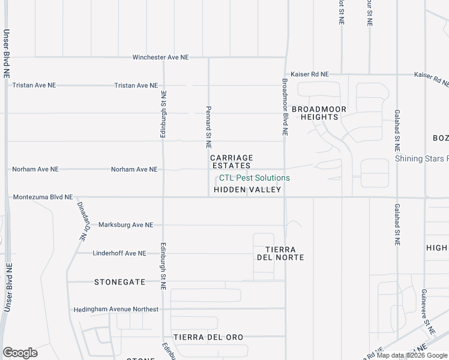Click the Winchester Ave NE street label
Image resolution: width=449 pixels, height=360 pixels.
point(160,58)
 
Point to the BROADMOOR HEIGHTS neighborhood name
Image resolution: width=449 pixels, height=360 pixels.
point(319,113)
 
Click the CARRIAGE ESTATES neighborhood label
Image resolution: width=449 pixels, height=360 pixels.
point(232,161)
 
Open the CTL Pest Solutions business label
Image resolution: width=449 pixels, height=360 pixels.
point(254,178)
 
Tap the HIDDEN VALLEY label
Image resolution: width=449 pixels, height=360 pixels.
point(247,190)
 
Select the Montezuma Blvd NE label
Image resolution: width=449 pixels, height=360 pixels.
point(42,197)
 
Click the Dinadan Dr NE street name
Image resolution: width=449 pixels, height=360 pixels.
point(82,221)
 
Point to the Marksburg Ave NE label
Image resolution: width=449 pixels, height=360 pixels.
point(125,225)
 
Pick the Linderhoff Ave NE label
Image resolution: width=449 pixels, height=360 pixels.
point(119,253)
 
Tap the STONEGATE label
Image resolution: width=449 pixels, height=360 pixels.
point(119,281)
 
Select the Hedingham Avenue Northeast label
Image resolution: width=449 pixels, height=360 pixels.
point(116,310)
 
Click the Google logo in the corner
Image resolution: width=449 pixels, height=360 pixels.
point(20,353)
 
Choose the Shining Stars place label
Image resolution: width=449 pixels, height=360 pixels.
point(421,159)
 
